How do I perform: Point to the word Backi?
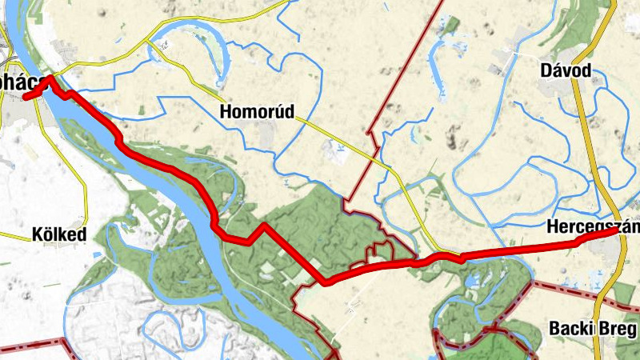coord(574,328)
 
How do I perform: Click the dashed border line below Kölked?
coord(32,346)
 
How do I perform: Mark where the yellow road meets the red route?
coord(461,257)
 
